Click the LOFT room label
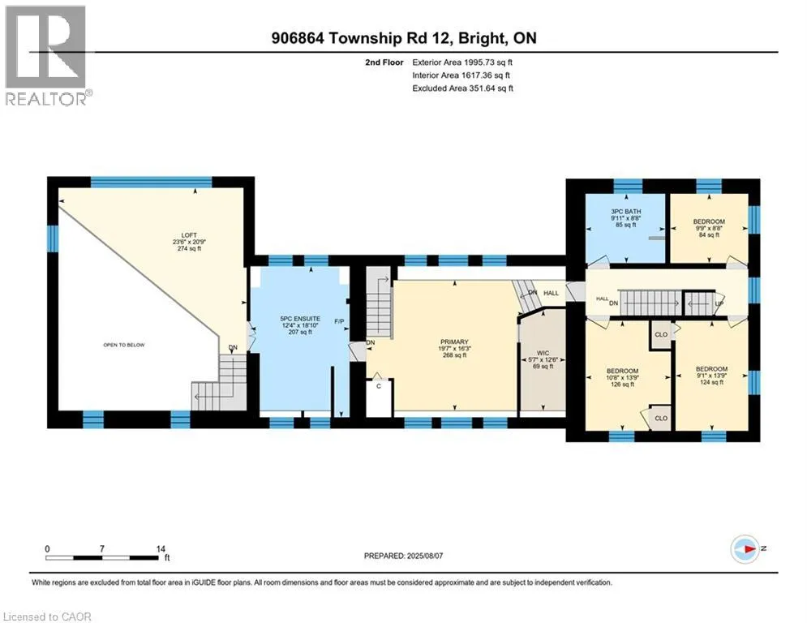click(189, 242)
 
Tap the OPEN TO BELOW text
click(124, 345)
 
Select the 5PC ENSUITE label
click(300, 325)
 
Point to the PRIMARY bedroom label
click(454, 348)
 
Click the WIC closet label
click(543, 359)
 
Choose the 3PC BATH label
click(626, 217)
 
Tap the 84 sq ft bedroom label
click(709, 228)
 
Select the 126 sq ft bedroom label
click(622, 377)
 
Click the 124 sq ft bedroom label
click(712, 376)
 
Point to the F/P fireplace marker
click(339, 321)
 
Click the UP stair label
click(719, 303)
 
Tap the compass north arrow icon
click(745, 549)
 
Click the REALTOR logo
click(48, 56)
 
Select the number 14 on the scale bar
click(161, 549)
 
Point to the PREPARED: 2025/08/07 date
click(404, 556)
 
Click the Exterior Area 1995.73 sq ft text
click(462, 62)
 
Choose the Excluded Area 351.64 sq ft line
click(462, 88)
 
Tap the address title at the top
click(404, 38)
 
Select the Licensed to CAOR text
click(47, 617)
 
